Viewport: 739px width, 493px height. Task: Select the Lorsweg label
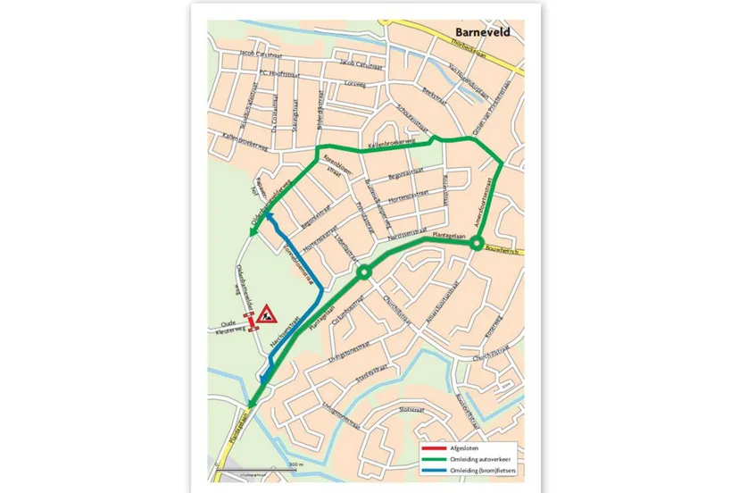coord(355,85)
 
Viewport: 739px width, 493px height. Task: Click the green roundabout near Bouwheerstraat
coord(477,242)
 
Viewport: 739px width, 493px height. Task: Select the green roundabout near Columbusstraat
coord(363,272)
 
